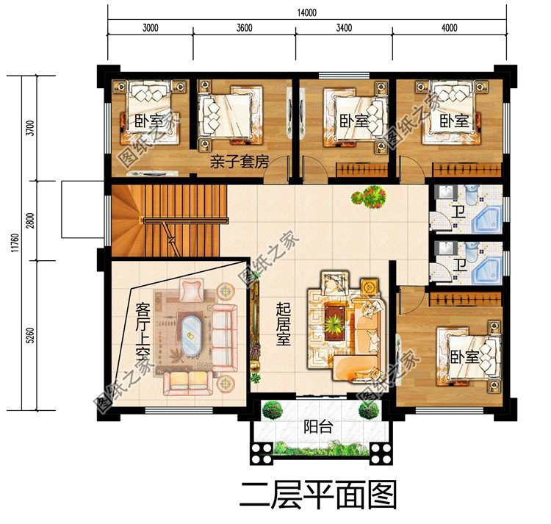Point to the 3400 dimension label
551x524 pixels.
coord(343,29)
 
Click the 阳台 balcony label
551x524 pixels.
coord(317,426)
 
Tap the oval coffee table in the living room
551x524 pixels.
coord(190,334)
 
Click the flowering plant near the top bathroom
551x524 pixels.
coord(368,195)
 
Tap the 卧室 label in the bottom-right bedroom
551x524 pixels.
coord(464,358)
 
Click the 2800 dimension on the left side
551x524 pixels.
coord(29,220)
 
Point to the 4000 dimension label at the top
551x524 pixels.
coord(449,29)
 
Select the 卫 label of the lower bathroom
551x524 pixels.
coord(458,264)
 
